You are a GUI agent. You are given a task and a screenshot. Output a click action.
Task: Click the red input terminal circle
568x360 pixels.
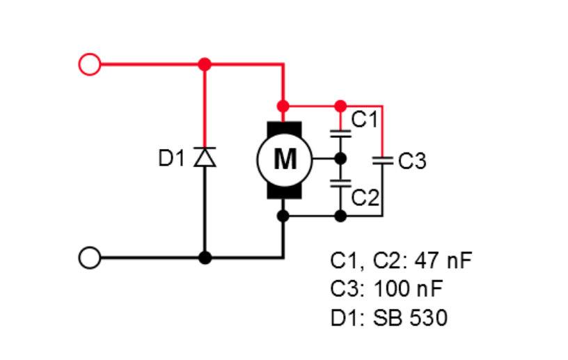coord(89,64)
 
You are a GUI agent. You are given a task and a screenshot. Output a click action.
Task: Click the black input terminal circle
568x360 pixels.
coord(89,258)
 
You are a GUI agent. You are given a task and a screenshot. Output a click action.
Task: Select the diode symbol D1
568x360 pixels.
coord(205,158)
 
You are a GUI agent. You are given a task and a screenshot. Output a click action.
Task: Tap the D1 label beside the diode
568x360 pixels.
coord(171,159)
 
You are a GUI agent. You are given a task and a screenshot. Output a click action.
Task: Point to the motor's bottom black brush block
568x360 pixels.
coord(283,190)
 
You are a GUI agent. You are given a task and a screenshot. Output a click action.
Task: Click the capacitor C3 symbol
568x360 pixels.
coord(382,160)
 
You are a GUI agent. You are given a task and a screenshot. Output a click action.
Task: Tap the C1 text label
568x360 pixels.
coord(363,119)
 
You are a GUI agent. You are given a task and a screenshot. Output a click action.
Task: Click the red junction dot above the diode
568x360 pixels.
coord(205,64)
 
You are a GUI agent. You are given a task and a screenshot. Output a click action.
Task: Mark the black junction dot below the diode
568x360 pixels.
coord(205,258)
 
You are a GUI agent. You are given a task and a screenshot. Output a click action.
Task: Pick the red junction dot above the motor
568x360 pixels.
coord(283,106)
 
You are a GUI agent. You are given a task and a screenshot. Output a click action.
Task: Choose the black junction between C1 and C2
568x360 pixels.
coord(340,159)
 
